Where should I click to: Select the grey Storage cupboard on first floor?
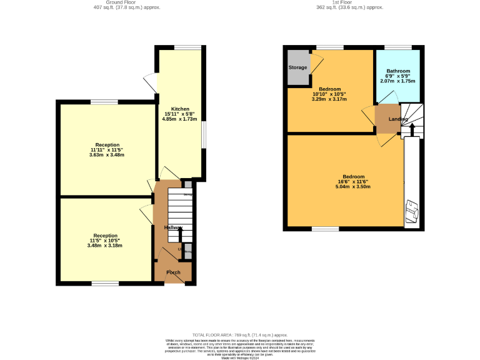pos(298,67)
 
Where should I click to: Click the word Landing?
pos(397,119)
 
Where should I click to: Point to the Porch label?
pos(173,272)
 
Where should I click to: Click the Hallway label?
pos(173,227)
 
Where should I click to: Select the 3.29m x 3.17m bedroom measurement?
pos(329,99)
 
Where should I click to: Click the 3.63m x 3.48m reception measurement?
pos(107,155)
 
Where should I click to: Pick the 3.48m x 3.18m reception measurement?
pos(105,246)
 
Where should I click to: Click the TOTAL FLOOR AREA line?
pos(240,335)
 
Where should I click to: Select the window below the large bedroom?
pos(326,227)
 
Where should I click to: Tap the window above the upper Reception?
pos(104,101)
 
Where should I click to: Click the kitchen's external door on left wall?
pos(151,83)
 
